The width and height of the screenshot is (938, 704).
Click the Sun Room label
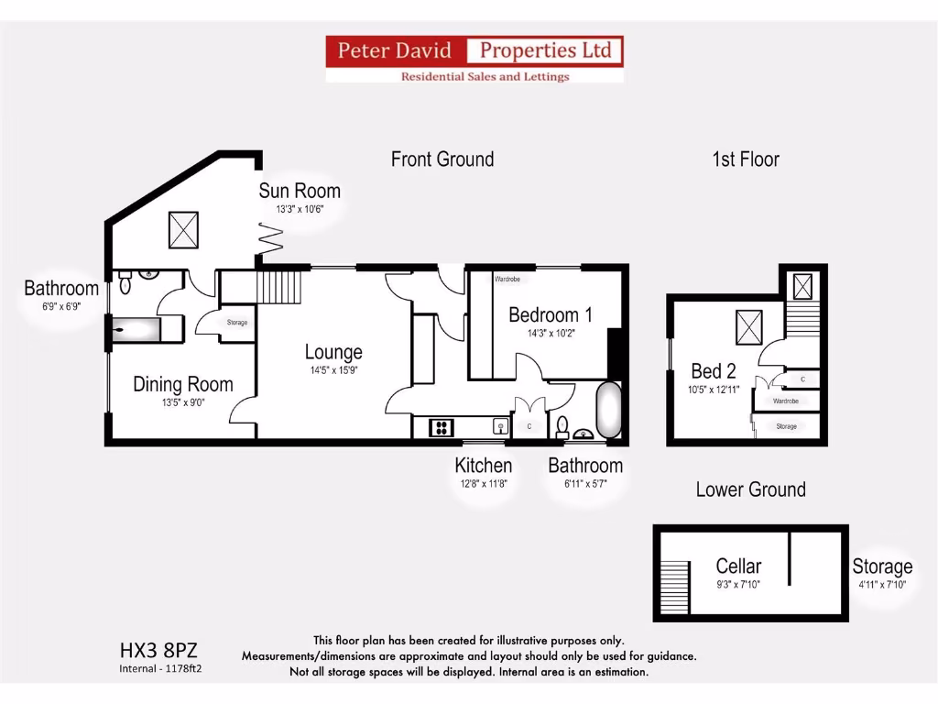click(x=299, y=191)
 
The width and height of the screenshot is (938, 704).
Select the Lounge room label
click(x=333, y=352)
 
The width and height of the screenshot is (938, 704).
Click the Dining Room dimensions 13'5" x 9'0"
click(x=183, y=401)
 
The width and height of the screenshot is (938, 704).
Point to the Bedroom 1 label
click(x=550, y=315)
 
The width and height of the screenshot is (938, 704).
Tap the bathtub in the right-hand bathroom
click(x=609, y=411)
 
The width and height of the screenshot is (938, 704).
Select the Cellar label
click(x=738, y=566)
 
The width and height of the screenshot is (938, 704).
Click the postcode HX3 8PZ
click(x=158, y=651)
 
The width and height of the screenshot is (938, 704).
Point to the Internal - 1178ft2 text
click(x=160, y=668)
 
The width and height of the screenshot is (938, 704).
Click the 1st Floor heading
click(x=745, y=159)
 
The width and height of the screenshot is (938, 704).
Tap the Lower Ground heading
click(x=750, y=489)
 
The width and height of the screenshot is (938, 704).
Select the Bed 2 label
click(x=714, y=371)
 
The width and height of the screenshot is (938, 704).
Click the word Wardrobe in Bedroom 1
click(x=507, y=278)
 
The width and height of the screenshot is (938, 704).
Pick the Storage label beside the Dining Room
click(x=236, y=323)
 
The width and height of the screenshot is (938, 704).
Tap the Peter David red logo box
click(x=396, y=50)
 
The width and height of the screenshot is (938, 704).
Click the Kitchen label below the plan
click(x=483, y=466)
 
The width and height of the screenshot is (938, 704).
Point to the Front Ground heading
click(x=442, y=159)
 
